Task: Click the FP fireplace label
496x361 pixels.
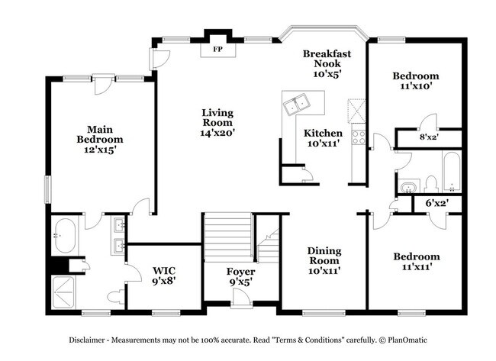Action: pyautogui.click(x=217, y=49)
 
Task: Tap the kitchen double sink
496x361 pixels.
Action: pyautogui.click(x=297, y=104)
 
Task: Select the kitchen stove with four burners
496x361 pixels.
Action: pyautogui.click(x=359, y=137)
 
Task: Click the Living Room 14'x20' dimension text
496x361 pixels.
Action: pyautogui.click(x=217, y=133)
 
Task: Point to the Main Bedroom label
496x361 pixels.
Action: pyautogui.click(x=100, y=134)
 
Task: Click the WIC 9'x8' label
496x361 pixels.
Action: pyautogui.click(x=164, y=276)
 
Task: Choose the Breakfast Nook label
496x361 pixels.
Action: pyautogui.click(x=327, y=59)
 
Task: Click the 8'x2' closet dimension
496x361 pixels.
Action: pyautogui.click(x=429, y=137)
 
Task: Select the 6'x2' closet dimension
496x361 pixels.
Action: pyautogui.click(x=437, y=203)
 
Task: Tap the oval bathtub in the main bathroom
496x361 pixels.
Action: pyautogui.click(x=66, y=235)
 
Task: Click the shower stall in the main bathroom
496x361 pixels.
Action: pyautogui.click(x=63, y=292)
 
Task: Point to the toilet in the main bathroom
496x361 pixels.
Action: pyautogui.click(x=116, y=296)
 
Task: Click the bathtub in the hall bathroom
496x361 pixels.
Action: pyautogui.click(x=452, y=172)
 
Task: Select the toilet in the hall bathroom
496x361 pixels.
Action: pyautogui.click(x=431, y=184)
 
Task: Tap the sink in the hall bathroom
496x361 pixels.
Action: pyautogui.click(x=409, y=187)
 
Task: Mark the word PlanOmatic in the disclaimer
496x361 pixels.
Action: pyautogui.click(x=407, y=340)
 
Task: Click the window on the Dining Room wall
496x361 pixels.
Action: pyautogui.click(x=324, y=313)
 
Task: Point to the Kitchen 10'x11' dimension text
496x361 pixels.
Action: pyautogui.click(x=324, y=143)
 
